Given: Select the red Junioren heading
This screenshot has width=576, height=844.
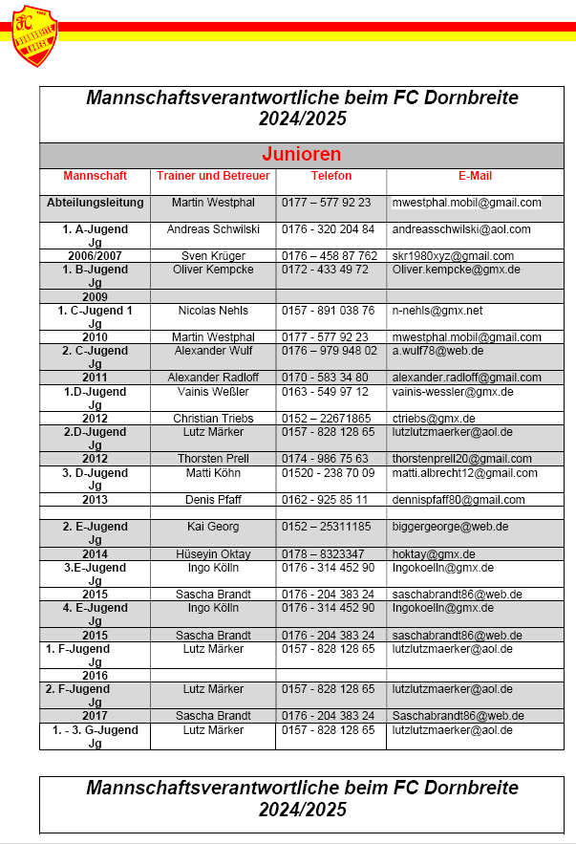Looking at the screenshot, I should (x=302, y=155).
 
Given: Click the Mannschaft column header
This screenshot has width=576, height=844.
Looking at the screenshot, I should (x=95, y=177).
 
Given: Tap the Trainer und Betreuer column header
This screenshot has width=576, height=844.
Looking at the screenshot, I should (x=213, y=177).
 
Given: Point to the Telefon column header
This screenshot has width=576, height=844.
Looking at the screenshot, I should (x=331, y=177).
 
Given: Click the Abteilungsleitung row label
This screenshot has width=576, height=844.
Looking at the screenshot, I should (x=96, y=203).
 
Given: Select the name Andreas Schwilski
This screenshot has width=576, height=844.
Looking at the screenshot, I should (x=213, y=230).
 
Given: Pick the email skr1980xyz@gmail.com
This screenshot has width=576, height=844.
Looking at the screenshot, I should (x=453, y=256).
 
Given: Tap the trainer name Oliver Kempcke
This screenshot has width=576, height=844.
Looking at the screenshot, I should (x=213, y=270).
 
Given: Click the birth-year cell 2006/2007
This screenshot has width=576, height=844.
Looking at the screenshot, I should (x=95, y=256).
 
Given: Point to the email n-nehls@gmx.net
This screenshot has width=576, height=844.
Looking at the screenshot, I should (x=437, y=311).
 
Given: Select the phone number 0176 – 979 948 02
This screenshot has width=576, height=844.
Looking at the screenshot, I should (x=330, y=351).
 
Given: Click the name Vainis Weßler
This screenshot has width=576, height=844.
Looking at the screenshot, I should (x=213, y=392).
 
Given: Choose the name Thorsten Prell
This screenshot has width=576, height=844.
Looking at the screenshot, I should (x=213, y=460).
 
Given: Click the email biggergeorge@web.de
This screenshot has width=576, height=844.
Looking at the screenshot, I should (x=449, y=527).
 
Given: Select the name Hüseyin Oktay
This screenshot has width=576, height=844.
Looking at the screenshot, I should (x=213, y=554).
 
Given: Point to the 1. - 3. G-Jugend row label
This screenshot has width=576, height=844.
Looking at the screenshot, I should (x=95, y=730).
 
